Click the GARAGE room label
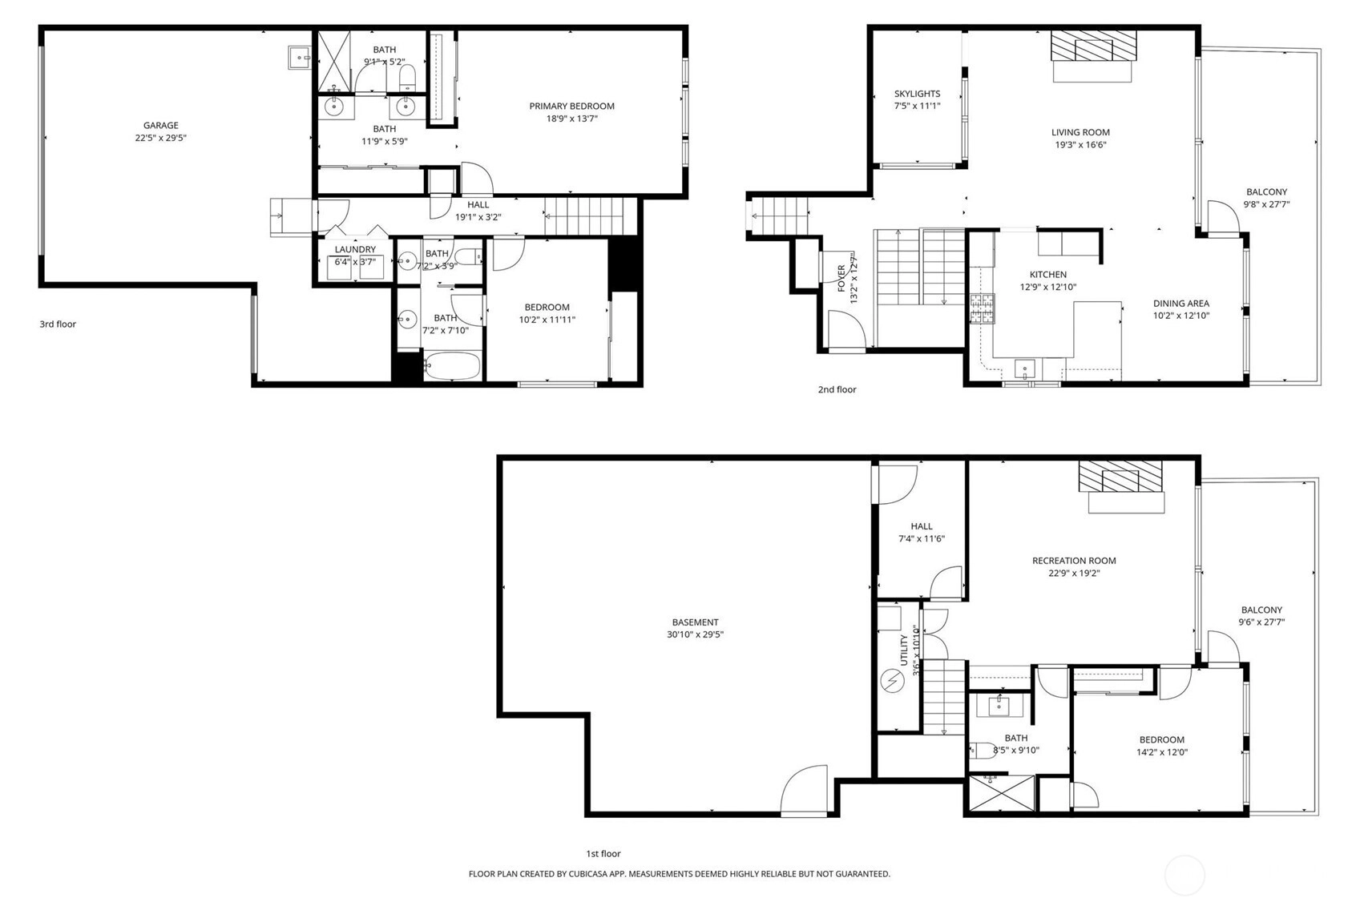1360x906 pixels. pos(160,126)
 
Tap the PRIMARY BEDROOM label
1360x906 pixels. pos(571,107)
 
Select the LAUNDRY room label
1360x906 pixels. pos(355,249)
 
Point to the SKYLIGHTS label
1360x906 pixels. pos(917,94)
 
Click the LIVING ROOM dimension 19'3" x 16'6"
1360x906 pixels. pos(1080,145)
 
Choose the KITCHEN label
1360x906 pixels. pos(1048,275)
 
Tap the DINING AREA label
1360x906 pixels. pos(1181,304)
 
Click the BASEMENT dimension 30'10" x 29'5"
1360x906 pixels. pos(695,634)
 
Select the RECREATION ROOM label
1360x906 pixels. pos(1074,561)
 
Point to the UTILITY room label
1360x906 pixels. pos(903,650)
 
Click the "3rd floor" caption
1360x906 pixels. pos(58,324)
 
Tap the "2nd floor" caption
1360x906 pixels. pos(837,389)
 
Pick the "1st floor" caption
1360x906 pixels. pos(603,854)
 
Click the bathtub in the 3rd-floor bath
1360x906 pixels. pos(452,366)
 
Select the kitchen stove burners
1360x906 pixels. pos(982,308)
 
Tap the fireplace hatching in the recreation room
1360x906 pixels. pos(1120,477)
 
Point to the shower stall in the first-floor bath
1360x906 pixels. pos(1001,792)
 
